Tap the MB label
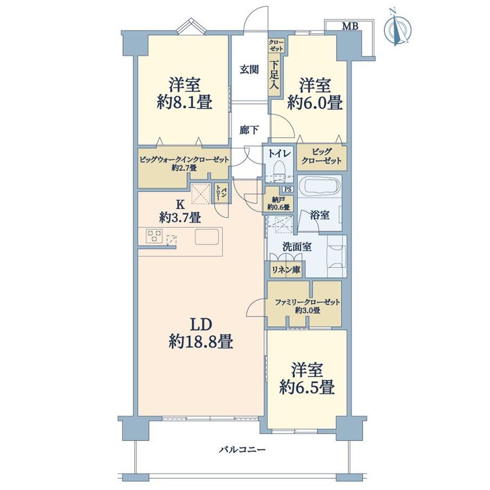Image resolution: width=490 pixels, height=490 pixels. [350, 26]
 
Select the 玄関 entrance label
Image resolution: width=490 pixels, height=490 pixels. [249, 69]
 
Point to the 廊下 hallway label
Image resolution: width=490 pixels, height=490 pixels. [249, 129]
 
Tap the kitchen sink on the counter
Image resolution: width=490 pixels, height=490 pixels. [207, 237]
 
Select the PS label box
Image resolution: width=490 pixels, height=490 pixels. [288, 189]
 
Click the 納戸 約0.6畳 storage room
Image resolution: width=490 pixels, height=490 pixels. [279, 203]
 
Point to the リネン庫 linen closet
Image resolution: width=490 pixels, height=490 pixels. [285, 269]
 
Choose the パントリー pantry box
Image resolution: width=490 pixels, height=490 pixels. [221, 193]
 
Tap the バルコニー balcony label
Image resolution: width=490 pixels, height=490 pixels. [242, 450]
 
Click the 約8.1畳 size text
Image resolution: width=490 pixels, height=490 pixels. [184, 102]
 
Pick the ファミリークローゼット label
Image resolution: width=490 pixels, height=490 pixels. [307, 302]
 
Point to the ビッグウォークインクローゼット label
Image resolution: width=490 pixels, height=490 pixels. [184, 160]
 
